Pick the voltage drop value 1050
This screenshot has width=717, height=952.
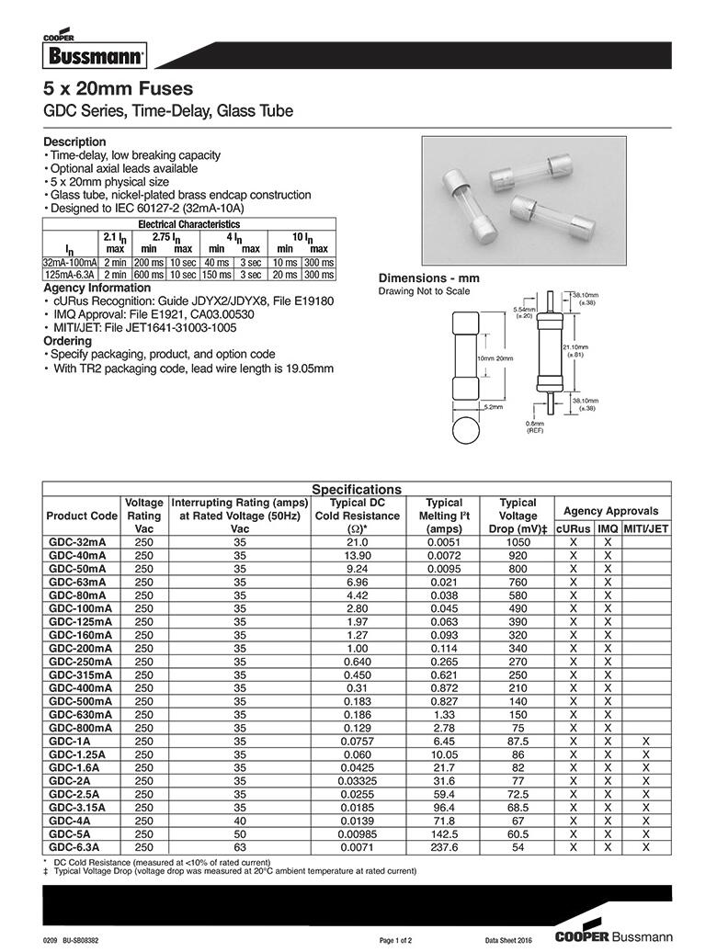coord(518,542)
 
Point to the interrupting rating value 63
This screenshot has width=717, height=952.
coord(240,847)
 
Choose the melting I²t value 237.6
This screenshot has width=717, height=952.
coord(444,847)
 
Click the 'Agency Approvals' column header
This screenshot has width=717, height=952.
coord(610,511)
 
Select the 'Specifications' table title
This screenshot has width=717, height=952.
coord(357,490)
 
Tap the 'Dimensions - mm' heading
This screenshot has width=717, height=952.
coord(429,278)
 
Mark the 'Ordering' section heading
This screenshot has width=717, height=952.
coord(68,341)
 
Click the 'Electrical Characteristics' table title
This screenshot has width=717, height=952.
coord(188,224)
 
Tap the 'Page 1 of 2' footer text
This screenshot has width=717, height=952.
coord(401,940)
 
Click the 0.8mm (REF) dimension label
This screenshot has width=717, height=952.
coord(535,426)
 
